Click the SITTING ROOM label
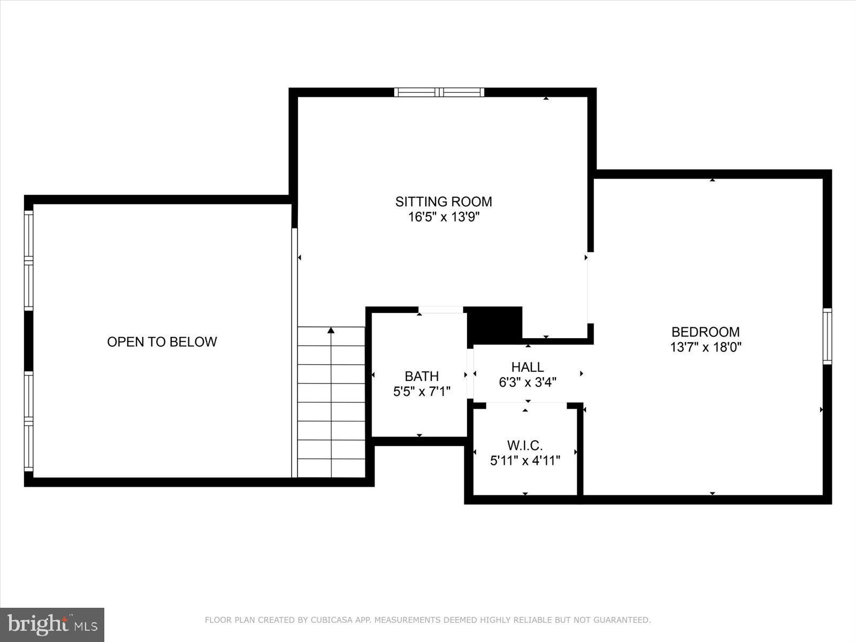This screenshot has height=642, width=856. [x=444, y=202]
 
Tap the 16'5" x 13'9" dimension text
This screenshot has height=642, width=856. [x=444, y=217]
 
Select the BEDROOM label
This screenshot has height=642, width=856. [x=705, y=332]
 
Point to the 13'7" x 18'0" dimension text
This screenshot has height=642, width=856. [x=705, y=347]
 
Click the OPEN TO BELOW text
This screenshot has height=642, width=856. [x=162, y=342]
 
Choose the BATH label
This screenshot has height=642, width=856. [x=422, y=376]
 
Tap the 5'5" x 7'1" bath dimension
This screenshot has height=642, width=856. [x=422, y=392]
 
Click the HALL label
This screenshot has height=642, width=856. [x=528, y=367]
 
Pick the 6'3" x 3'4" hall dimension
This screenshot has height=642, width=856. [x=528, y=383]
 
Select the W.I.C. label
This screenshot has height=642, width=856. [x=525, y=445]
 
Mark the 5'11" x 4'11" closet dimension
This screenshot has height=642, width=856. [x=525, y=461]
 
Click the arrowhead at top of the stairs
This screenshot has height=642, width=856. [x=331, y=330]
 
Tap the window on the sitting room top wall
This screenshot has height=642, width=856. [x=439, y=92]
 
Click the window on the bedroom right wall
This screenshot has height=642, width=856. [x=827, y=337]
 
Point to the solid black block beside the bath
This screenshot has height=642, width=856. [x=494, y=324]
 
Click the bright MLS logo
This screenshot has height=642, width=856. [x=52, y=624]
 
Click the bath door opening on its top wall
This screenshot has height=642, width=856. [x=440, y=310]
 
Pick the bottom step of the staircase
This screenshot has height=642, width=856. [x=331, y=468]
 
